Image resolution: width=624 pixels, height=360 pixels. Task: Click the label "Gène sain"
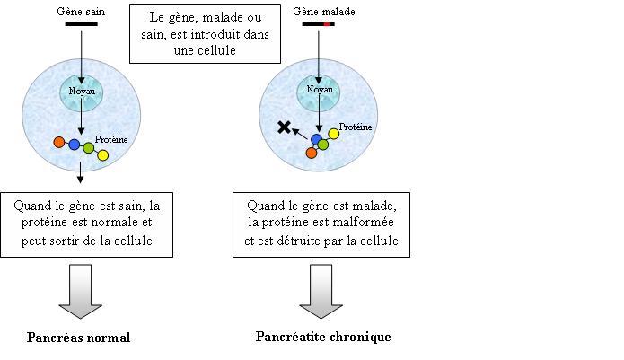pyautogui.click(x=81, y=12)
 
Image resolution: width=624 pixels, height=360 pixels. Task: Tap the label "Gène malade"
pyautogui.click(x=324, y=12)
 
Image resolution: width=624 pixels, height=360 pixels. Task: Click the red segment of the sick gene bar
pyautogui.click(x=327, y=24)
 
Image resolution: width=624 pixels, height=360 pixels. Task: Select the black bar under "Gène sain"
pyautogui.click(x=81, y=24)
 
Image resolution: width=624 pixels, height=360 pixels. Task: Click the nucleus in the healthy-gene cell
pyautogui.click(x=82, y=92)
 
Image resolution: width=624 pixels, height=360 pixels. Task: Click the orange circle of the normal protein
pyautogui.click(x=59, y=142)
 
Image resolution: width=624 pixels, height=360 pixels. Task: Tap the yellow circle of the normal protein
pyautogui.click(x=102, y=155)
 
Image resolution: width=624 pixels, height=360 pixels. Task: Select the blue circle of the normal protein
pyautogui.click(x=74, y=145)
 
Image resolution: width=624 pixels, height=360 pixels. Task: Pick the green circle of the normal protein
pyautogui.click(x=88, y=148)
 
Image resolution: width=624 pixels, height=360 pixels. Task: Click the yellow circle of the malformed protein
pyautogui.click(x=333, y=134)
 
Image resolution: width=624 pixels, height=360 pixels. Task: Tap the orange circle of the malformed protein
pyautogui.click(x=312, y=153)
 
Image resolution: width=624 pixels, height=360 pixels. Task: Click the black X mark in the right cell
pyautogui.click(x=284, y=127)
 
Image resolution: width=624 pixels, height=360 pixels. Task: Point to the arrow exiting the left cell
pyautogui.click(x=81, y=172)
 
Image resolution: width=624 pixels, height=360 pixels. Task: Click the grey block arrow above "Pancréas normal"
pyautogui.click(x=81, y=291)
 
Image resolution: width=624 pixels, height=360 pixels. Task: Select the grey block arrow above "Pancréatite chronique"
pyautogui.click(x=321, y=291)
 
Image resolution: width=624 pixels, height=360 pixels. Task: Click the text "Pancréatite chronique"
pyautogui.click(x=323, y=337)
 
